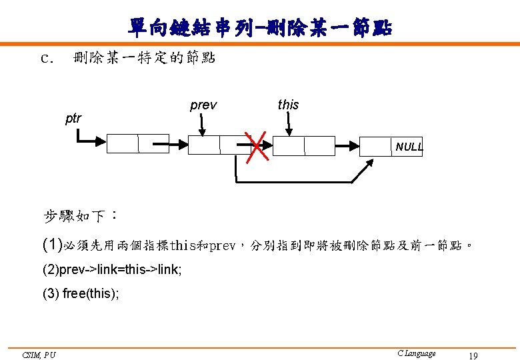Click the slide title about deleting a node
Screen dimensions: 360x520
tap(260, 27)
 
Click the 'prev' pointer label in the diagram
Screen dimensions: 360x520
tap(203, 105)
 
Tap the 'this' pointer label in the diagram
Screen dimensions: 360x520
tap(288, 105)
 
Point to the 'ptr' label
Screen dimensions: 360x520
tap(73, 119)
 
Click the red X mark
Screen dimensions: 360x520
tap(257, 146)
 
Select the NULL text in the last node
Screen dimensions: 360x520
tap(408, 147)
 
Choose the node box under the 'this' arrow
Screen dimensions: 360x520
tap(304, 146)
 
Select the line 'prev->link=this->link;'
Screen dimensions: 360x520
tap(111, 270)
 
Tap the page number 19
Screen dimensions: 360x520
tap(473, 355)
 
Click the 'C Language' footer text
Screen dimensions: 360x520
tap(416, 353)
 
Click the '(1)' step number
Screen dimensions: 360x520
tap(52, 245)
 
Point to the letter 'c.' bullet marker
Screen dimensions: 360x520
tap(46, 58)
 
